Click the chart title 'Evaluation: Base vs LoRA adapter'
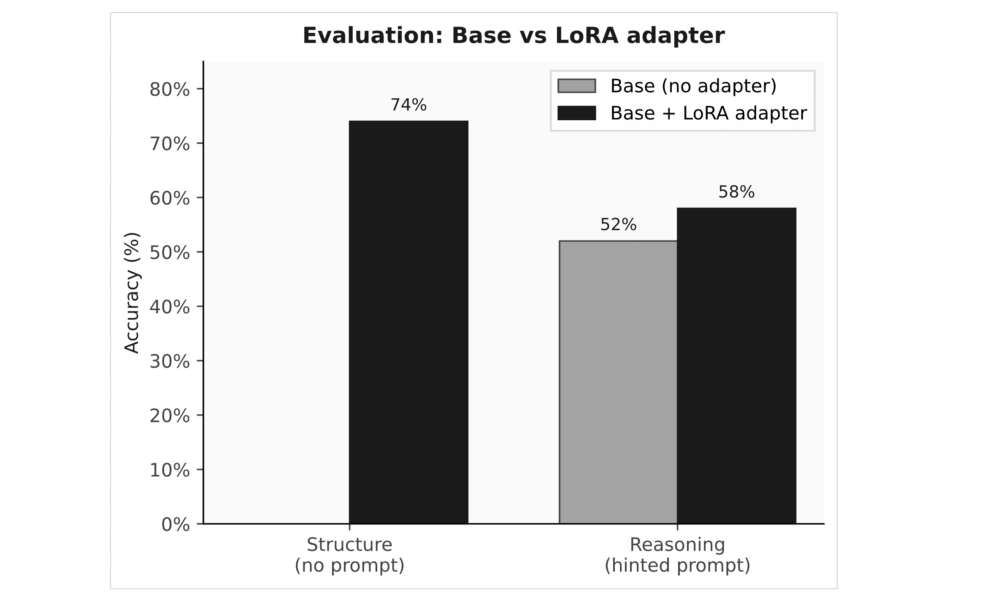[514, 35]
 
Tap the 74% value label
[408, 105]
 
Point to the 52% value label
[618, 225]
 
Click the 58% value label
[736, 192]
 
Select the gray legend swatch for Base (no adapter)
[576, 86]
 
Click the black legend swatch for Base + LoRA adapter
[576, 113]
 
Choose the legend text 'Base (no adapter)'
[693, 86]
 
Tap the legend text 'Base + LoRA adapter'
[708, 113]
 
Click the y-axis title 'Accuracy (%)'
[132, 292]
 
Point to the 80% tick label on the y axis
[170, 89]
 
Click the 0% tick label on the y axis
[176, 524]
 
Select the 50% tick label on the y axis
[170, 253]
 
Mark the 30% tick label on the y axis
[170, 362]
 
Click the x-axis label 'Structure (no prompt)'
[349, 555]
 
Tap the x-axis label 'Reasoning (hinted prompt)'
[677, 555]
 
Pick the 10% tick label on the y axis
[170, 470]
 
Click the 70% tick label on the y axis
[170, 144]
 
